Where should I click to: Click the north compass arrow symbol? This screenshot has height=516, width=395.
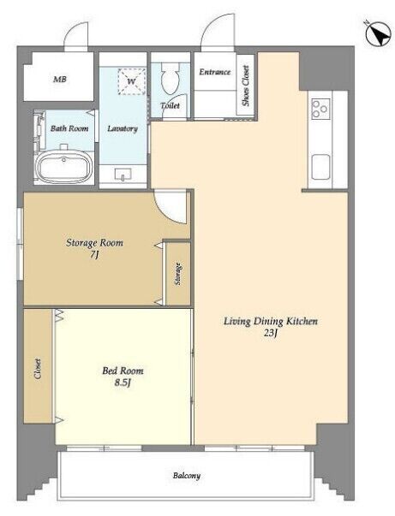point(378,34)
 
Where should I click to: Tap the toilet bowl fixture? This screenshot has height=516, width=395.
point(170,78)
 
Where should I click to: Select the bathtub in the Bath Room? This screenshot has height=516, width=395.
point(64,166)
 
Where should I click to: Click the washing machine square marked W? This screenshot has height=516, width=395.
point(131,81)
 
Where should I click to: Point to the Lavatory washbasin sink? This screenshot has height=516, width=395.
point(123,175)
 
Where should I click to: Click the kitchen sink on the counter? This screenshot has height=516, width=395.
point(320,167)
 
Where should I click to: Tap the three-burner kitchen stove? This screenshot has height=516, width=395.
point(320,109)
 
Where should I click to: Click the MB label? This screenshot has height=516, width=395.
point(60,80)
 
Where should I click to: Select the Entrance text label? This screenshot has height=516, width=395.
point(215,72)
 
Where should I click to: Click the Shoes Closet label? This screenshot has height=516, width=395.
point(245,86)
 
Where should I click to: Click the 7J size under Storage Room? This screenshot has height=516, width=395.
point(94,255)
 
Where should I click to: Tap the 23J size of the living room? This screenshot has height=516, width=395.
point(270,333)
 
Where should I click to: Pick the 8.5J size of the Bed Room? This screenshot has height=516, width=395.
point(123,383)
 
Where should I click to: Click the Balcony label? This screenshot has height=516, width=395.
point(187,476)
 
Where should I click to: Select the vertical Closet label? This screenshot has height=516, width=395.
point(38,369)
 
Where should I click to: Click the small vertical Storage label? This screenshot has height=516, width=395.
point(178,274)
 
